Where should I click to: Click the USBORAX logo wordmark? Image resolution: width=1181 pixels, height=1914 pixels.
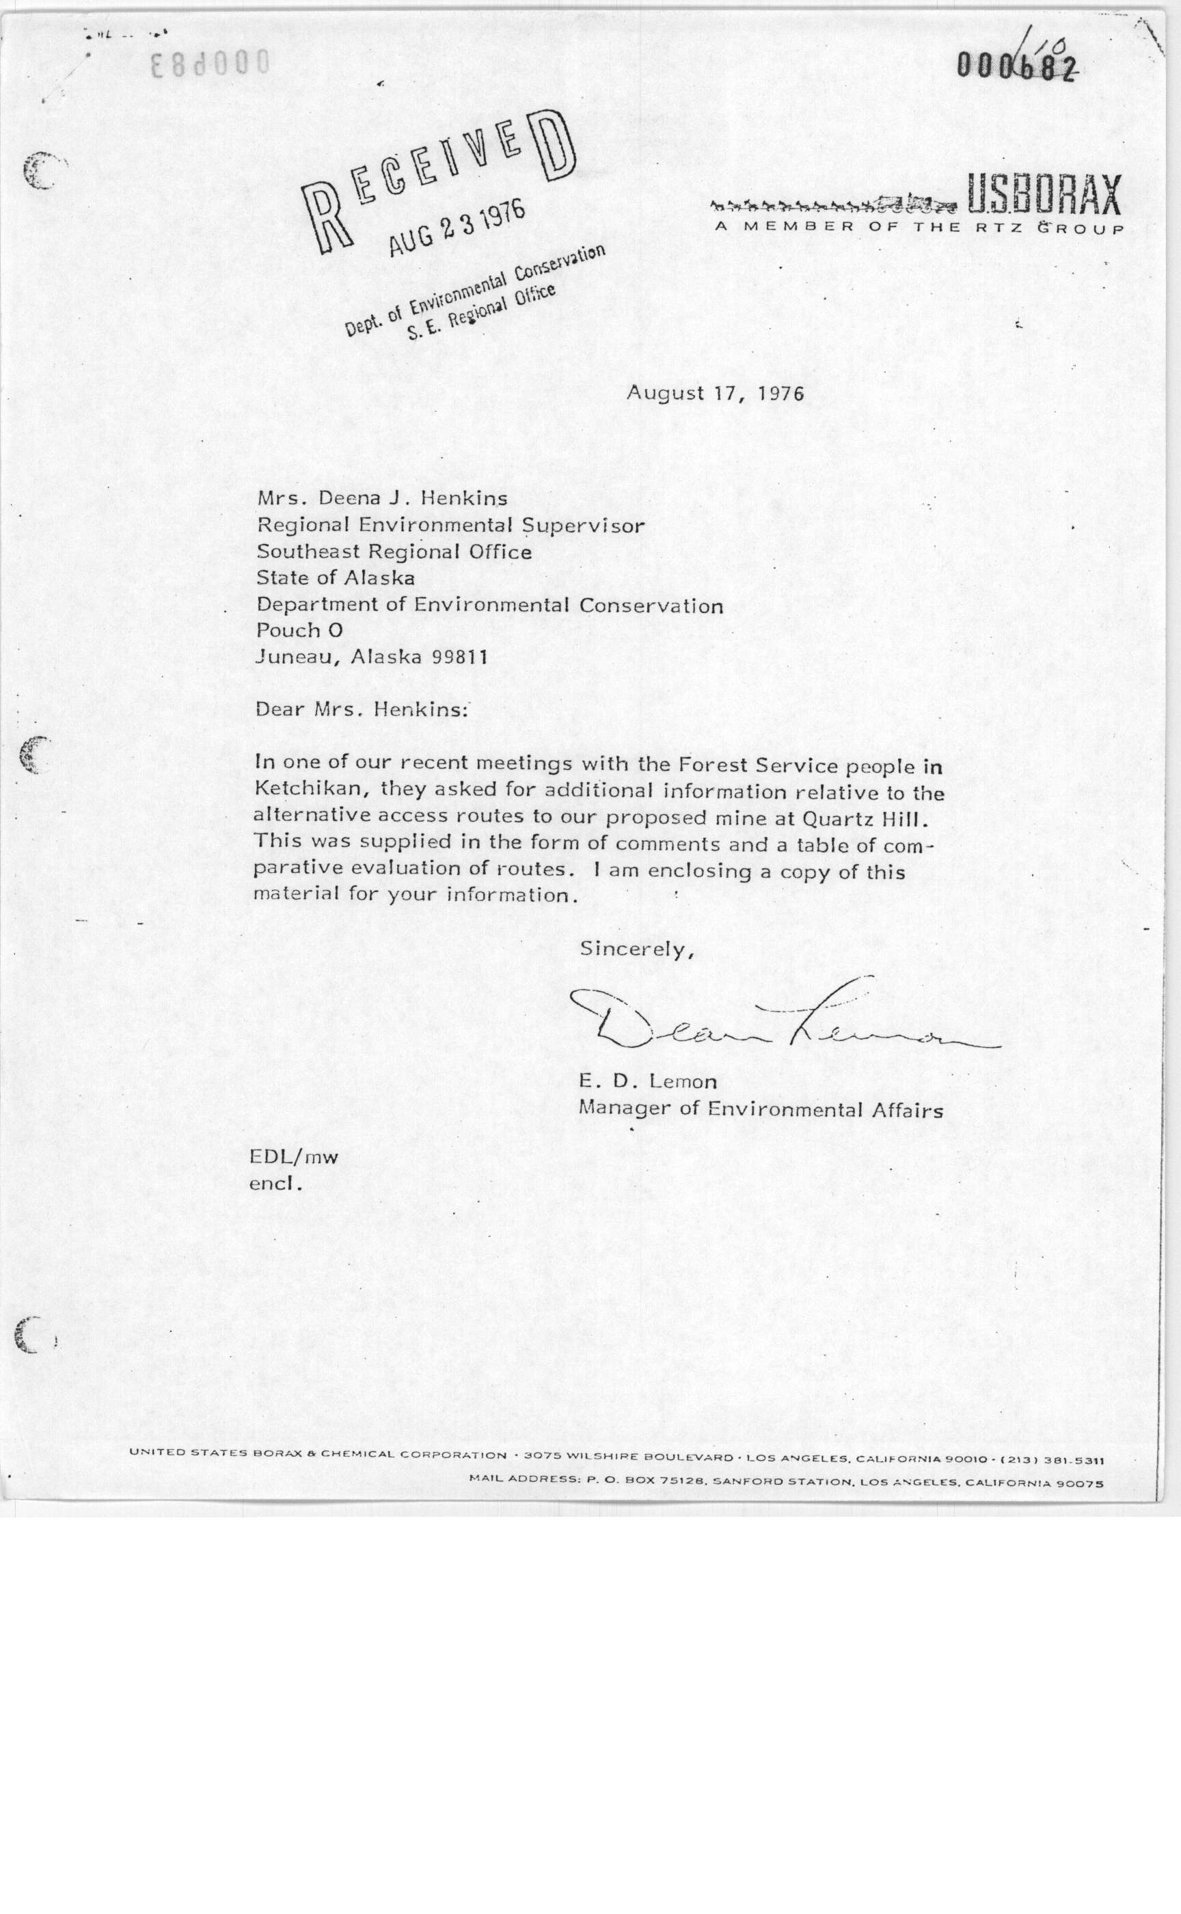tap(1044, 195)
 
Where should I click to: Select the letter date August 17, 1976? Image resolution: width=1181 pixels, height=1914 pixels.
tap(715, 392)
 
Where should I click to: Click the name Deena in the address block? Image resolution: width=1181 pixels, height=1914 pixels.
tap(348, 498)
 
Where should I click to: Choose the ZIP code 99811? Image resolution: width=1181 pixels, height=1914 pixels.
tap(459, 657)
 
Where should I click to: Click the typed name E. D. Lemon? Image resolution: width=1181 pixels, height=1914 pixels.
tap(647, 1082)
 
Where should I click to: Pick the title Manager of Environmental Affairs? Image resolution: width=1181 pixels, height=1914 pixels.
tap(760, 1109)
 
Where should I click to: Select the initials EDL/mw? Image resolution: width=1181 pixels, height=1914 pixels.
tap(294, 1158)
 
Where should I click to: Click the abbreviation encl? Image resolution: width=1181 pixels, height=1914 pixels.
tap(275, 1183)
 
